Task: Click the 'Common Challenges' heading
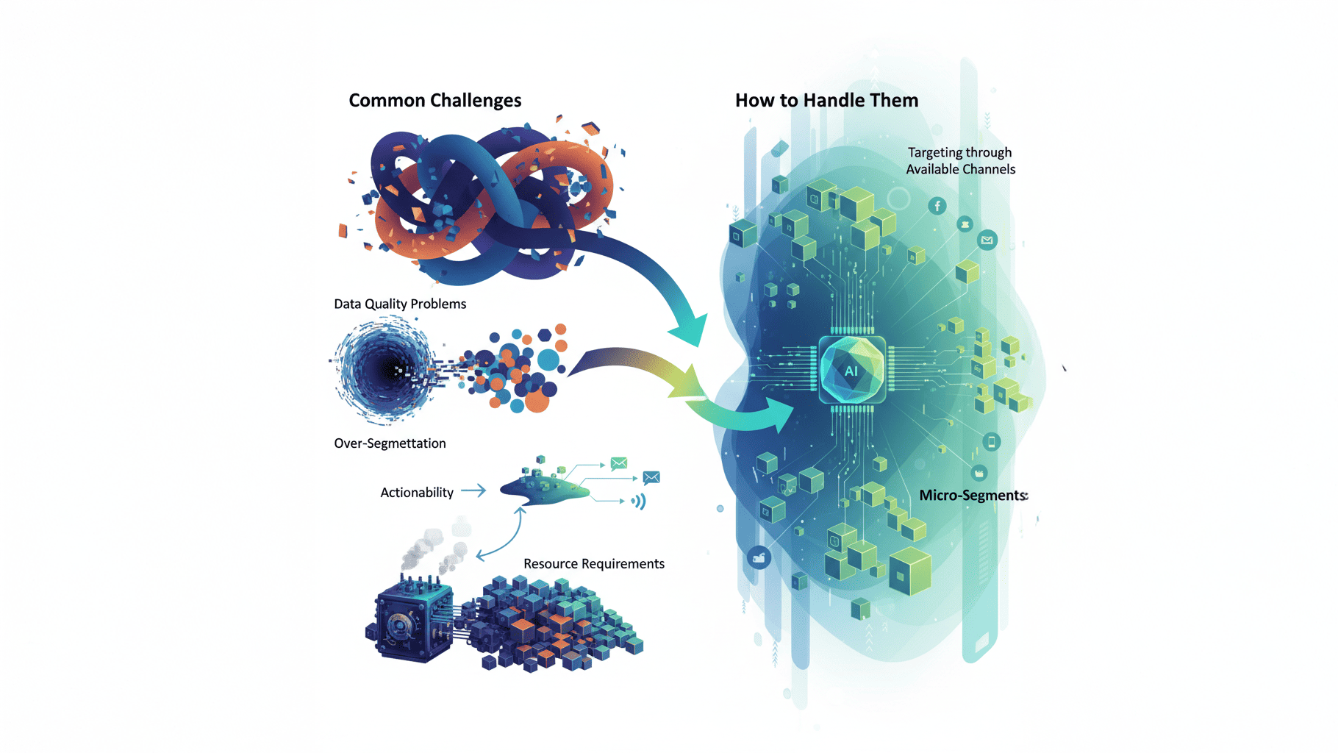click(x=435, y=101)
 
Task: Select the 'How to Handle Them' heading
click(x=827, y=101)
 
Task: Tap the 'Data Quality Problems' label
click(x=400, y=304)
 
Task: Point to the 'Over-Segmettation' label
click(x=390, y=443)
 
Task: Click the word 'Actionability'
click(x=417, y=493)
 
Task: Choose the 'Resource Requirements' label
click(x=594, y=564)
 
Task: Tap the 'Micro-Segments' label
click(x=973, y=495)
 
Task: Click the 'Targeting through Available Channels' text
click(x=960, y=161)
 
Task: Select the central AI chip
click(x=852, y=370)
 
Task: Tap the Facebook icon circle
click(x=937, y=206)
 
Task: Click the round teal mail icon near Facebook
click(x=987, y=240)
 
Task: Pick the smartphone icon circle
click(x=992, y=442)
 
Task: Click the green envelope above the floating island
click(x=619, y=463)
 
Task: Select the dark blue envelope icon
click(x=651, y=478)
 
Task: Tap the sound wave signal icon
click(x=638, y=502)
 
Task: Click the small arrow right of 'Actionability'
click(x=473, y=490)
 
